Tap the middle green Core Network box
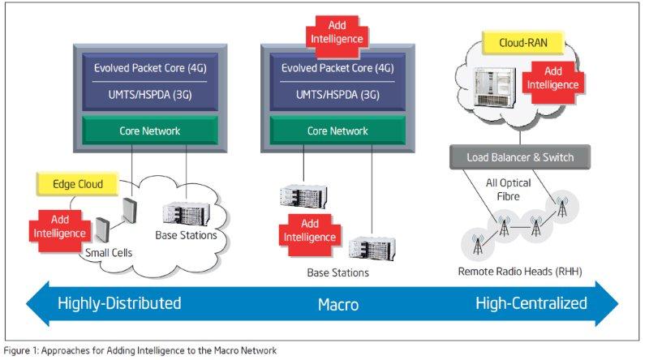(337, 131)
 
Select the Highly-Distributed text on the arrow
(119, 304)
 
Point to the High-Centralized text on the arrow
(531, 304)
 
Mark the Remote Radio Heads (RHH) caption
(521, 272)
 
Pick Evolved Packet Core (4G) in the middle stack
(337, 67)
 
